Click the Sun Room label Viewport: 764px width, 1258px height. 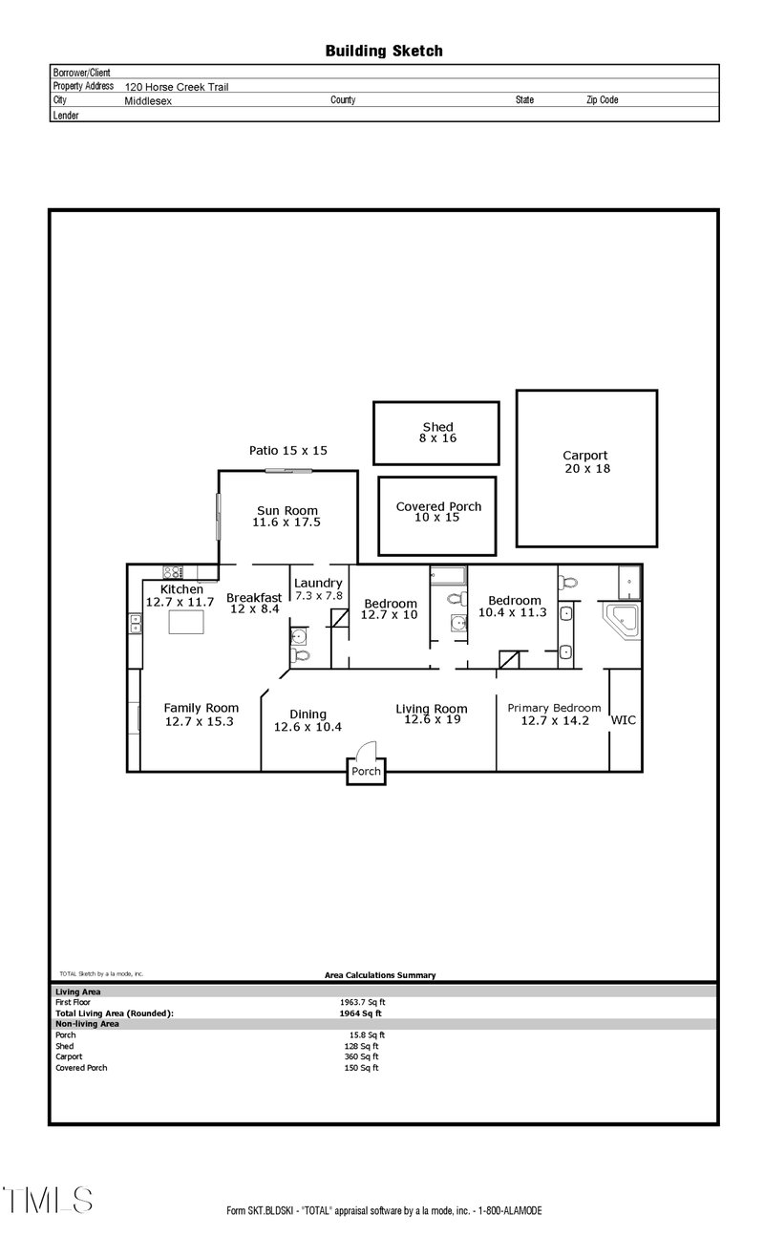click(x=286, y=510)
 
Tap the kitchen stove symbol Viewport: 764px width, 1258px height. click(x=173, y=572)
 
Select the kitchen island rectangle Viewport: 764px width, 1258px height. click(x=186, y=623)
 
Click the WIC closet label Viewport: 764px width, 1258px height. click(x=624, y=720)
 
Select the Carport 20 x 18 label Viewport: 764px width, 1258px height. click(x=585, y=462)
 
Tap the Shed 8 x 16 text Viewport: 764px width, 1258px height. click(x=437, y=433)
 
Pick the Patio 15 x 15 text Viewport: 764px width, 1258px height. click(x=287, y=450)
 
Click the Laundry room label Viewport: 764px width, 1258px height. click(x=318, y=584)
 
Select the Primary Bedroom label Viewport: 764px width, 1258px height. click(x=554, y=708)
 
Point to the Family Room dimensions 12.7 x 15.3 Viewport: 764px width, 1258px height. click(x=201, y=722)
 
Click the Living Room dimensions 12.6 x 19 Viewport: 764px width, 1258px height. click(x=431, y=720)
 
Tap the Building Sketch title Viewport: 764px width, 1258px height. click(x=384, y=51)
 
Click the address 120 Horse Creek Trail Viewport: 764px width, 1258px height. click(x=177, y=87)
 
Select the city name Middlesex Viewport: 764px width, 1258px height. click(x=148, y=100)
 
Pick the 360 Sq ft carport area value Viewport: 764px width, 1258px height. click(x=361, y=1056)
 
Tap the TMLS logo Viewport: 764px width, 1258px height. click(x=47, y=1200)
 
